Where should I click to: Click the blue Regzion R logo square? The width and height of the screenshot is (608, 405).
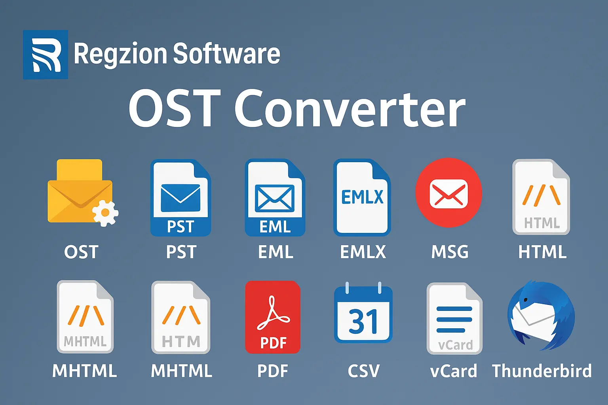pyautogui.click(x=46, y=55)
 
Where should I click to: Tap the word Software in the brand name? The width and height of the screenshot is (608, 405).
pyautogui.click(x=226, y=54)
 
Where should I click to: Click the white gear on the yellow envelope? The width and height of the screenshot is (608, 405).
pyautogui.click(x=105, y=213)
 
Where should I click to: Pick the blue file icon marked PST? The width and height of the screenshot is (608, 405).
pyautogui.click(x=180, y=198)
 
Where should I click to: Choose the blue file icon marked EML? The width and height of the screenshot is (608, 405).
pyautogui.click(x=275, y=198)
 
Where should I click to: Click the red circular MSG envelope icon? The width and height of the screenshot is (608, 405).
pyautogui.click(x=448, y=193)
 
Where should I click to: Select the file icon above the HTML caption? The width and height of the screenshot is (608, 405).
pyautogui.click(x=541, y=197)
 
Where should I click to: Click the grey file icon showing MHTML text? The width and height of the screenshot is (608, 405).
pyautogui.click(x=85, y=317)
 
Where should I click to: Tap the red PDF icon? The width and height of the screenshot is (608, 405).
pyautogui.click(x=273, y=317)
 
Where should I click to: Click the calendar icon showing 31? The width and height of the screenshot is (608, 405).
pyautogui.click(x=363, y=314)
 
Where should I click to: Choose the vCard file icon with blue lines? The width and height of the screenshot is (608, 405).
pyautogui.click(x=454, y=318)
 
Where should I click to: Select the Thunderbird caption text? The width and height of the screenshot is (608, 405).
pyautogui.click(x=542, y=371)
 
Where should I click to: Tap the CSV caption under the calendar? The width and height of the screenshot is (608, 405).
pyautogui.click(x=363, y=371)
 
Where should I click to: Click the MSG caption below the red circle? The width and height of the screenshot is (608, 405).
pyautogui.click(x=450, y=252)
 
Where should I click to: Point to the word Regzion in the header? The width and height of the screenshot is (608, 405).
pyautogui.click(x=121, y=54)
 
